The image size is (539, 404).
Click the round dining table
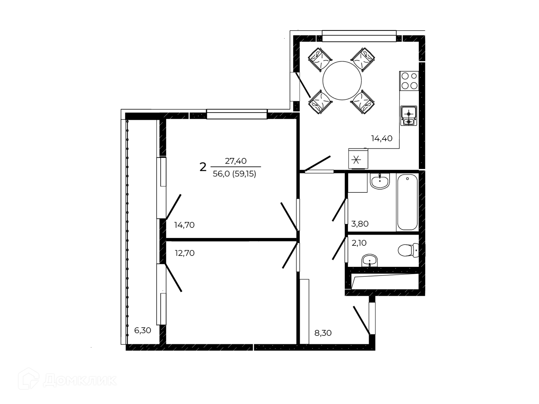342,81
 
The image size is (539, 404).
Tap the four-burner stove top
409,81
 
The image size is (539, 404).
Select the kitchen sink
409,116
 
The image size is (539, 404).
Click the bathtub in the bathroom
407,202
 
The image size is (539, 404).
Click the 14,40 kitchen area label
382,138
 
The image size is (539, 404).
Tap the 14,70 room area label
184,225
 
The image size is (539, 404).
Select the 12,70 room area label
184,253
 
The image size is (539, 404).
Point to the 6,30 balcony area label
143,330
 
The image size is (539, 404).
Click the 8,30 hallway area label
323,333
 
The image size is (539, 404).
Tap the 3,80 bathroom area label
360,224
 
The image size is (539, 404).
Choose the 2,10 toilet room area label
359,243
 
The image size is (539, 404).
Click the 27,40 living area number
236,161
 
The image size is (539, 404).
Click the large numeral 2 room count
203,167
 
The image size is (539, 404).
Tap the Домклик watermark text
80,381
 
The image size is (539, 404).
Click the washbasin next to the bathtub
380,181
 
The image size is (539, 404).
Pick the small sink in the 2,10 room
370,261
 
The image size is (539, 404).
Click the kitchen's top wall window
359,36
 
